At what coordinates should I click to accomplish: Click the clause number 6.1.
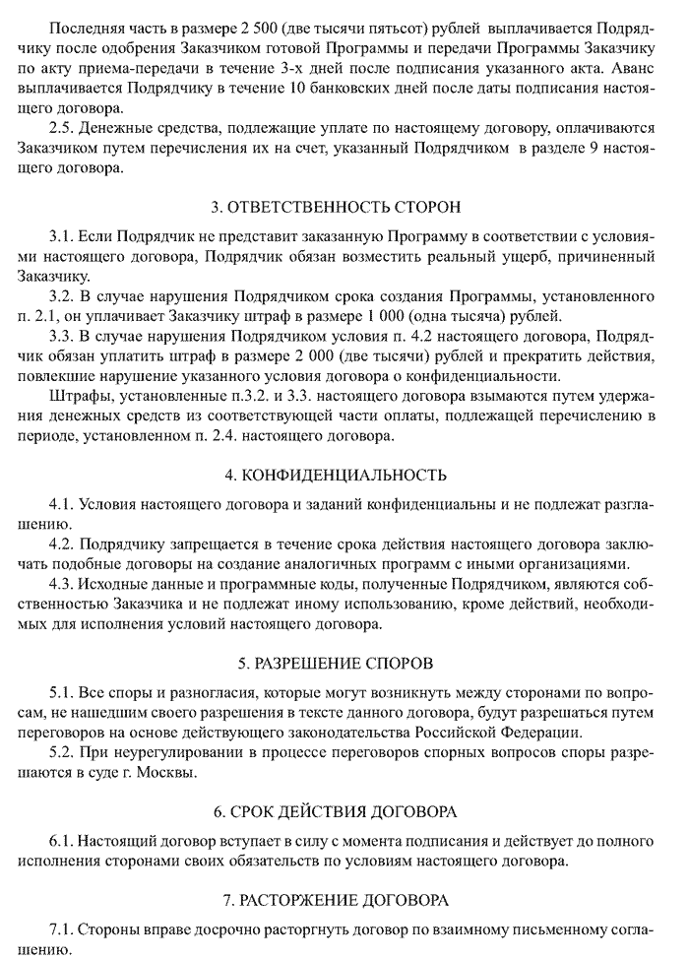(x=62, y=844)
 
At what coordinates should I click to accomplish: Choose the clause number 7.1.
(x=62, y=930)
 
